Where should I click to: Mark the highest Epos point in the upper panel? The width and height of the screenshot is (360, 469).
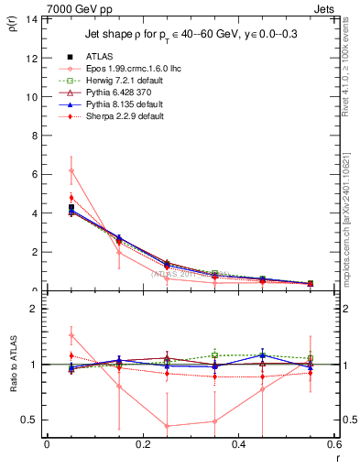click(71, 170)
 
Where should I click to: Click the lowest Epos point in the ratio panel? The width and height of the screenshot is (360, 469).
click(167, 426)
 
